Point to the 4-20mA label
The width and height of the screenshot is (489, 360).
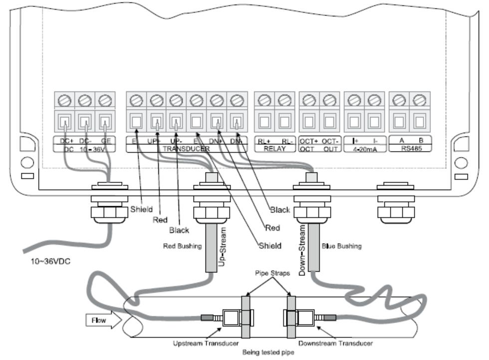click(x=364, y=149)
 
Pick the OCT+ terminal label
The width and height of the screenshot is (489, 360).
click(x=308, y=142)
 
